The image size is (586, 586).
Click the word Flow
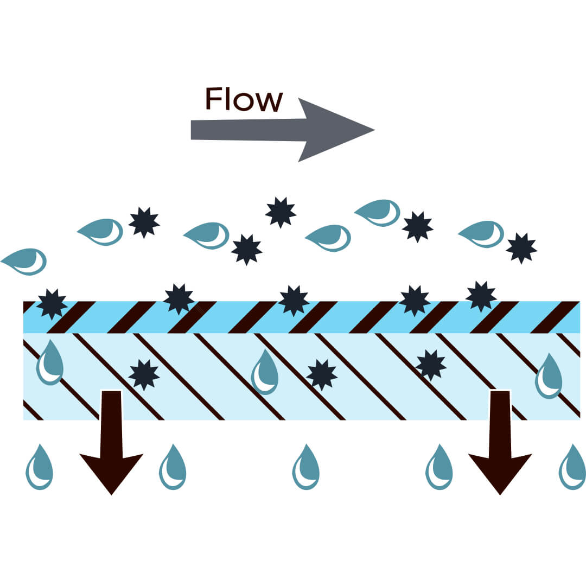244,99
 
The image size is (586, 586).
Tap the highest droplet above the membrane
379,213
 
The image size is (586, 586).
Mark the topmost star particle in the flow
281,212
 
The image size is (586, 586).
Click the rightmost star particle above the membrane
521,248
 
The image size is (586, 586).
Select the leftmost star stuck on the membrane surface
52,304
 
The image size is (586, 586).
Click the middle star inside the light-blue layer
322,374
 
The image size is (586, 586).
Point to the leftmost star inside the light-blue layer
144,374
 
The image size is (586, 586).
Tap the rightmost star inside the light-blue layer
431,365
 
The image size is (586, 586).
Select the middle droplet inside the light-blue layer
265,373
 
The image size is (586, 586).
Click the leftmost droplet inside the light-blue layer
50,364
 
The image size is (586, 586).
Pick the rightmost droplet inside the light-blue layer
549,377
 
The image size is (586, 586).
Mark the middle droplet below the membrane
306,468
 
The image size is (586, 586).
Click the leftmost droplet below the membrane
39,468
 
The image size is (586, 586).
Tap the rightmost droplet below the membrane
572,468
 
